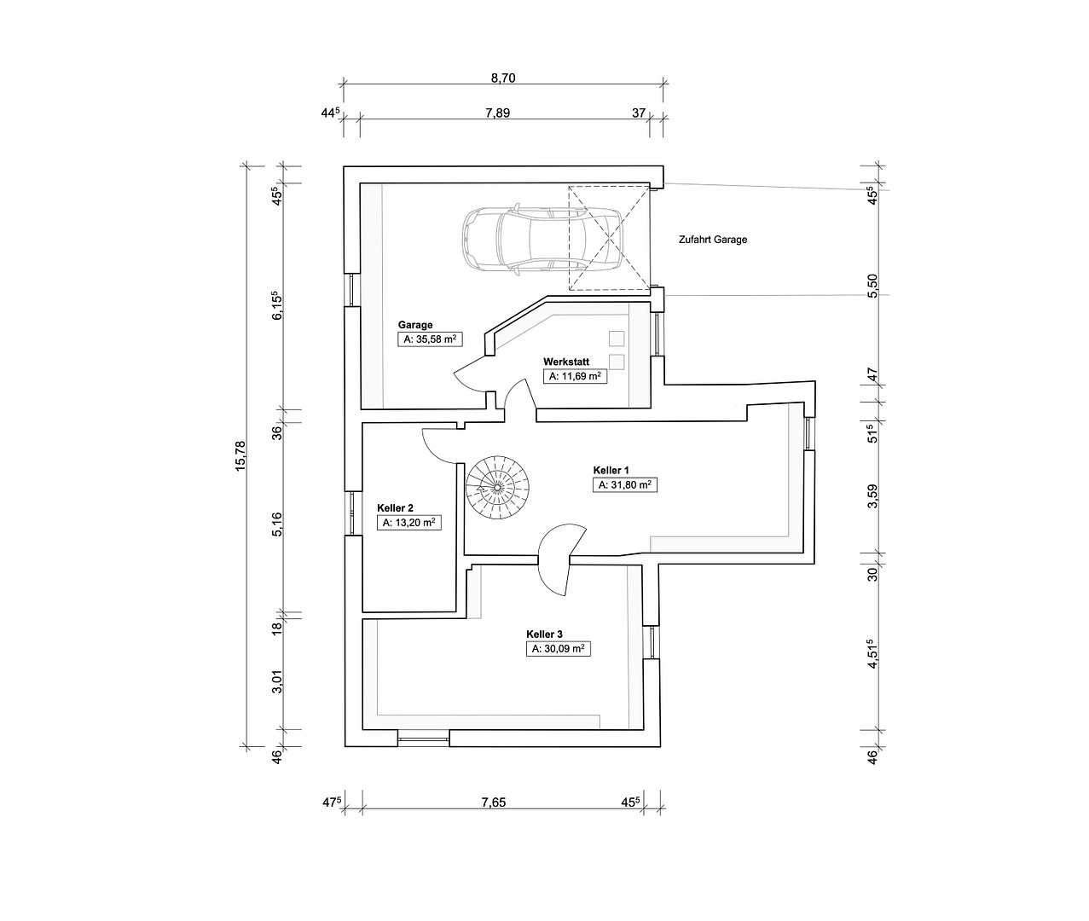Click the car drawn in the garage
(x=542, y=240)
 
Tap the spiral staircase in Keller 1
(x=496, y=488)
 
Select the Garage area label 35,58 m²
(x=430, y=339)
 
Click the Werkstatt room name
(x=566, y=362)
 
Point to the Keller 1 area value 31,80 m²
(x=625, y=485)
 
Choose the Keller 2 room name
(x=395, y=508)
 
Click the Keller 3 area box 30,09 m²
(x=558, y=649)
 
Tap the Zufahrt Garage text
(x=713, y=240)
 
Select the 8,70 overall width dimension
(x=503, y=78)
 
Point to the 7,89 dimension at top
(x=498, y=113)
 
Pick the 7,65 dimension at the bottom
(x=494, y=802)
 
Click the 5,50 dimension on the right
(x=873, y=286)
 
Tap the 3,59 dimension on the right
(x=873, y=496)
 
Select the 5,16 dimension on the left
(x=277, y=524)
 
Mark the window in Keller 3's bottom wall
(x=424, y=739)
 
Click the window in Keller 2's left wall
(x=354, y=513)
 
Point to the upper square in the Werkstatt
(x=617, y=339)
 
